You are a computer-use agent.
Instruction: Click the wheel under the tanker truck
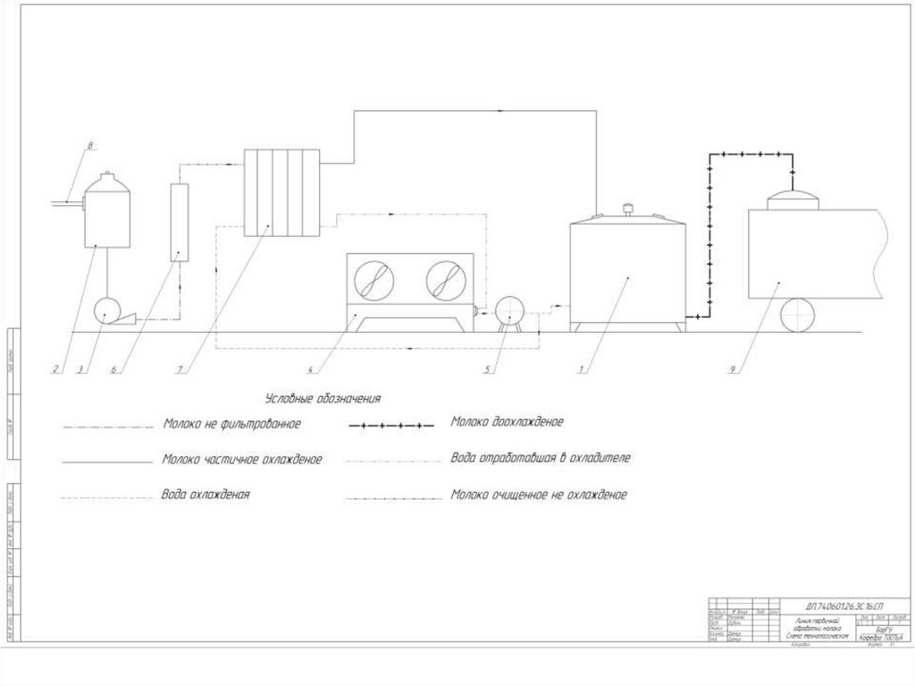[x=797, y=316]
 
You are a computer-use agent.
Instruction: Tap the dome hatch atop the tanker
[x=793, y=198]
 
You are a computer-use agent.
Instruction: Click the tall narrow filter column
[x=179, y=222]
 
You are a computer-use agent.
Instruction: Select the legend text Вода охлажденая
[x=206, y=494]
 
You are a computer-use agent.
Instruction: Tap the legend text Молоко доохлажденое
[x=507, y=421]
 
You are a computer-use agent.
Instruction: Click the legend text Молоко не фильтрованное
[x=231, y=423]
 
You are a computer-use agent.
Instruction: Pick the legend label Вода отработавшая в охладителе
[x=541, y=457]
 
